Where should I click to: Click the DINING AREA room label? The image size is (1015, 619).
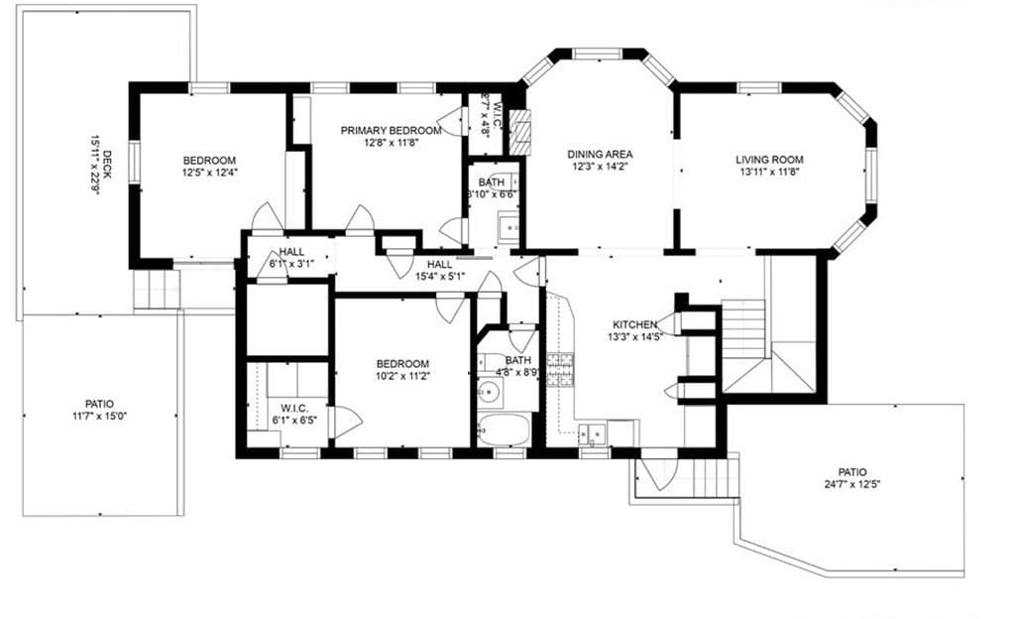(600, 155)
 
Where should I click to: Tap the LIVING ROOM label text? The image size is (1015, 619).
(769, 160)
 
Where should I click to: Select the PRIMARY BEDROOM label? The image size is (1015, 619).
(391, 131)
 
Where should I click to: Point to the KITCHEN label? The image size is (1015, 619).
(635, 324)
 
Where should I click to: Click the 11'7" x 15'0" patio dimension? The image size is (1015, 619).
(99, 416)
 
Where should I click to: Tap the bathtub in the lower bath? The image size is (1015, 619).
(505, 431)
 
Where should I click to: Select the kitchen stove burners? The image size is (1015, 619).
(560, 369)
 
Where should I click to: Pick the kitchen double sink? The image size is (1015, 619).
(593, 433)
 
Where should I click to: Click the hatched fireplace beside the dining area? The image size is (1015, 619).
(519, 132)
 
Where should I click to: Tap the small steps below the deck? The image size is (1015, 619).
(157, 289)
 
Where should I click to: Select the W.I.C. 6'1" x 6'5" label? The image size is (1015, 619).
(294, 415)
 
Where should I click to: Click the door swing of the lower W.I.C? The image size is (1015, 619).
(345, 423)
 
